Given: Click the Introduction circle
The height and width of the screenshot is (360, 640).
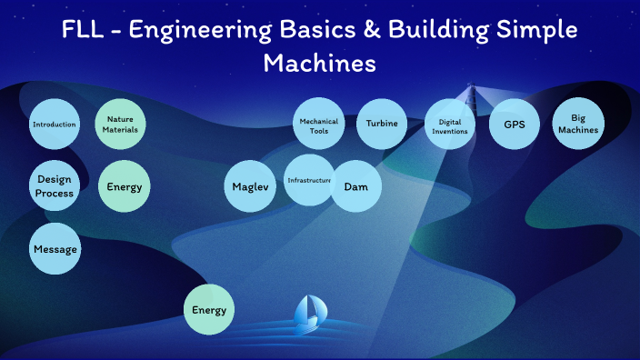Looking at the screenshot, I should click(54, 124).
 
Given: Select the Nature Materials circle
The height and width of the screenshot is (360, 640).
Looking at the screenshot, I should click(121, 124).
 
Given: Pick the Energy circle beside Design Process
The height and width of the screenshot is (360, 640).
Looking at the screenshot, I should click(123, 187).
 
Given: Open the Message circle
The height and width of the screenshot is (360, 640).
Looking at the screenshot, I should click(55, 248).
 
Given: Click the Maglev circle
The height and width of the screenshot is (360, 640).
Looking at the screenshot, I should click(248, 187).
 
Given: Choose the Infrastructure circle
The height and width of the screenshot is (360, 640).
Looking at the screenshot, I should click(309, 180).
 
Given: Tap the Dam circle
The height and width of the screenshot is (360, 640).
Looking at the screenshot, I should click(355, 187).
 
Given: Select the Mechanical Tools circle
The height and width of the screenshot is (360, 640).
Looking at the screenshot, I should click(318, 125).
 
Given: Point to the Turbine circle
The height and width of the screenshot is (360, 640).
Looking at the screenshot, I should click(381, 124).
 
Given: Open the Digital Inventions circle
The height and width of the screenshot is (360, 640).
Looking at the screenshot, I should click(452, 125).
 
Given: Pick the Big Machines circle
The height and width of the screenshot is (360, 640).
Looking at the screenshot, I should click(578, 124).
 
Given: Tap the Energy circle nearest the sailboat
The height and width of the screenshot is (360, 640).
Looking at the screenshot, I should click(209, 310).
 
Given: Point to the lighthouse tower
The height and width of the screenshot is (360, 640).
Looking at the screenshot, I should click(471, 98).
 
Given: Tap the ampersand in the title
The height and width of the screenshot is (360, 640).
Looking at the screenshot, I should click(365, 30).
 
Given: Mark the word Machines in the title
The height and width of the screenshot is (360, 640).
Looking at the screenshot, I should click(319, 64).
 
